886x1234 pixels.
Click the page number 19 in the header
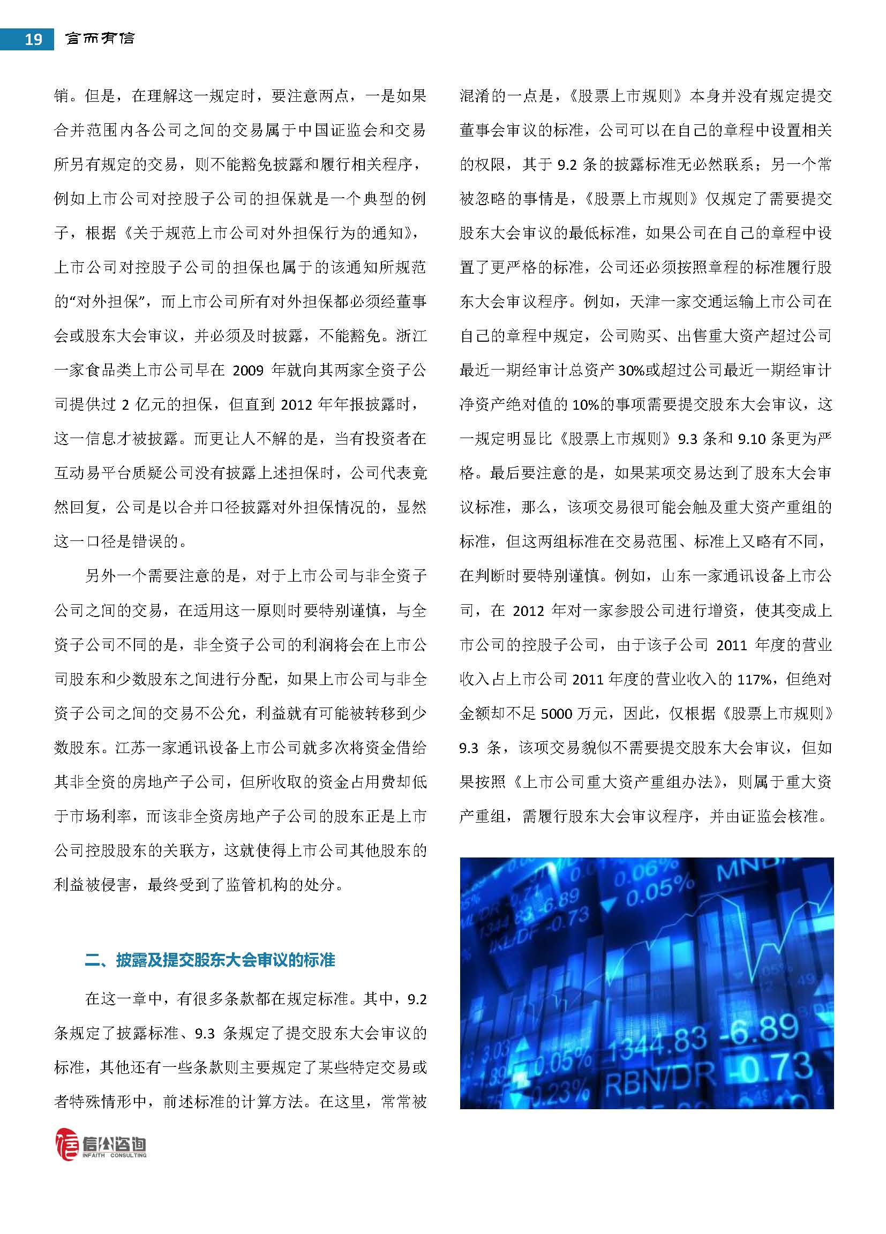click(33, 39)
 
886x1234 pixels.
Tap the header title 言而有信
click(100, 38)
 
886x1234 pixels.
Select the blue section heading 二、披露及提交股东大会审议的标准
click(209, 960)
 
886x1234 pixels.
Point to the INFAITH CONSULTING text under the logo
click(114, 1155)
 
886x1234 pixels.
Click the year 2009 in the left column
click(247, 371)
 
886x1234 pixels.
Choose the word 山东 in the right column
click(677, 576)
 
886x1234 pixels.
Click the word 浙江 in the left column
click(411, 336)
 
